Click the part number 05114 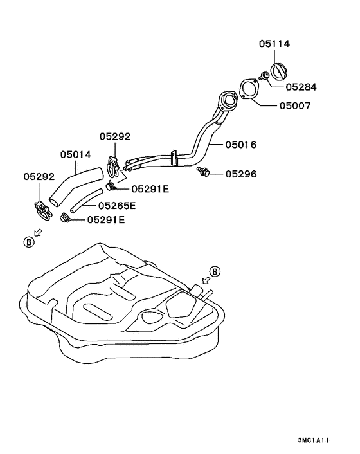pyautogui.click(x=274, y=44)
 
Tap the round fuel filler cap pyautogui.click(x=279, y=71)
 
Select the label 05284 pyautogui.click(x=301, y=87)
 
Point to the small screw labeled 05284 pyautogui.click(x=264, y=76)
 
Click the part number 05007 pyautogui.click(x=295, y=105)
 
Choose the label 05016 pyautogui.click(x=241, y=145)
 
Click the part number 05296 pyautogui.click(x=241, y=174)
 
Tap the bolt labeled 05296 pyautogui.click(x=203, y=171)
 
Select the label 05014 pyautogui.click(x=75, y=154)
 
